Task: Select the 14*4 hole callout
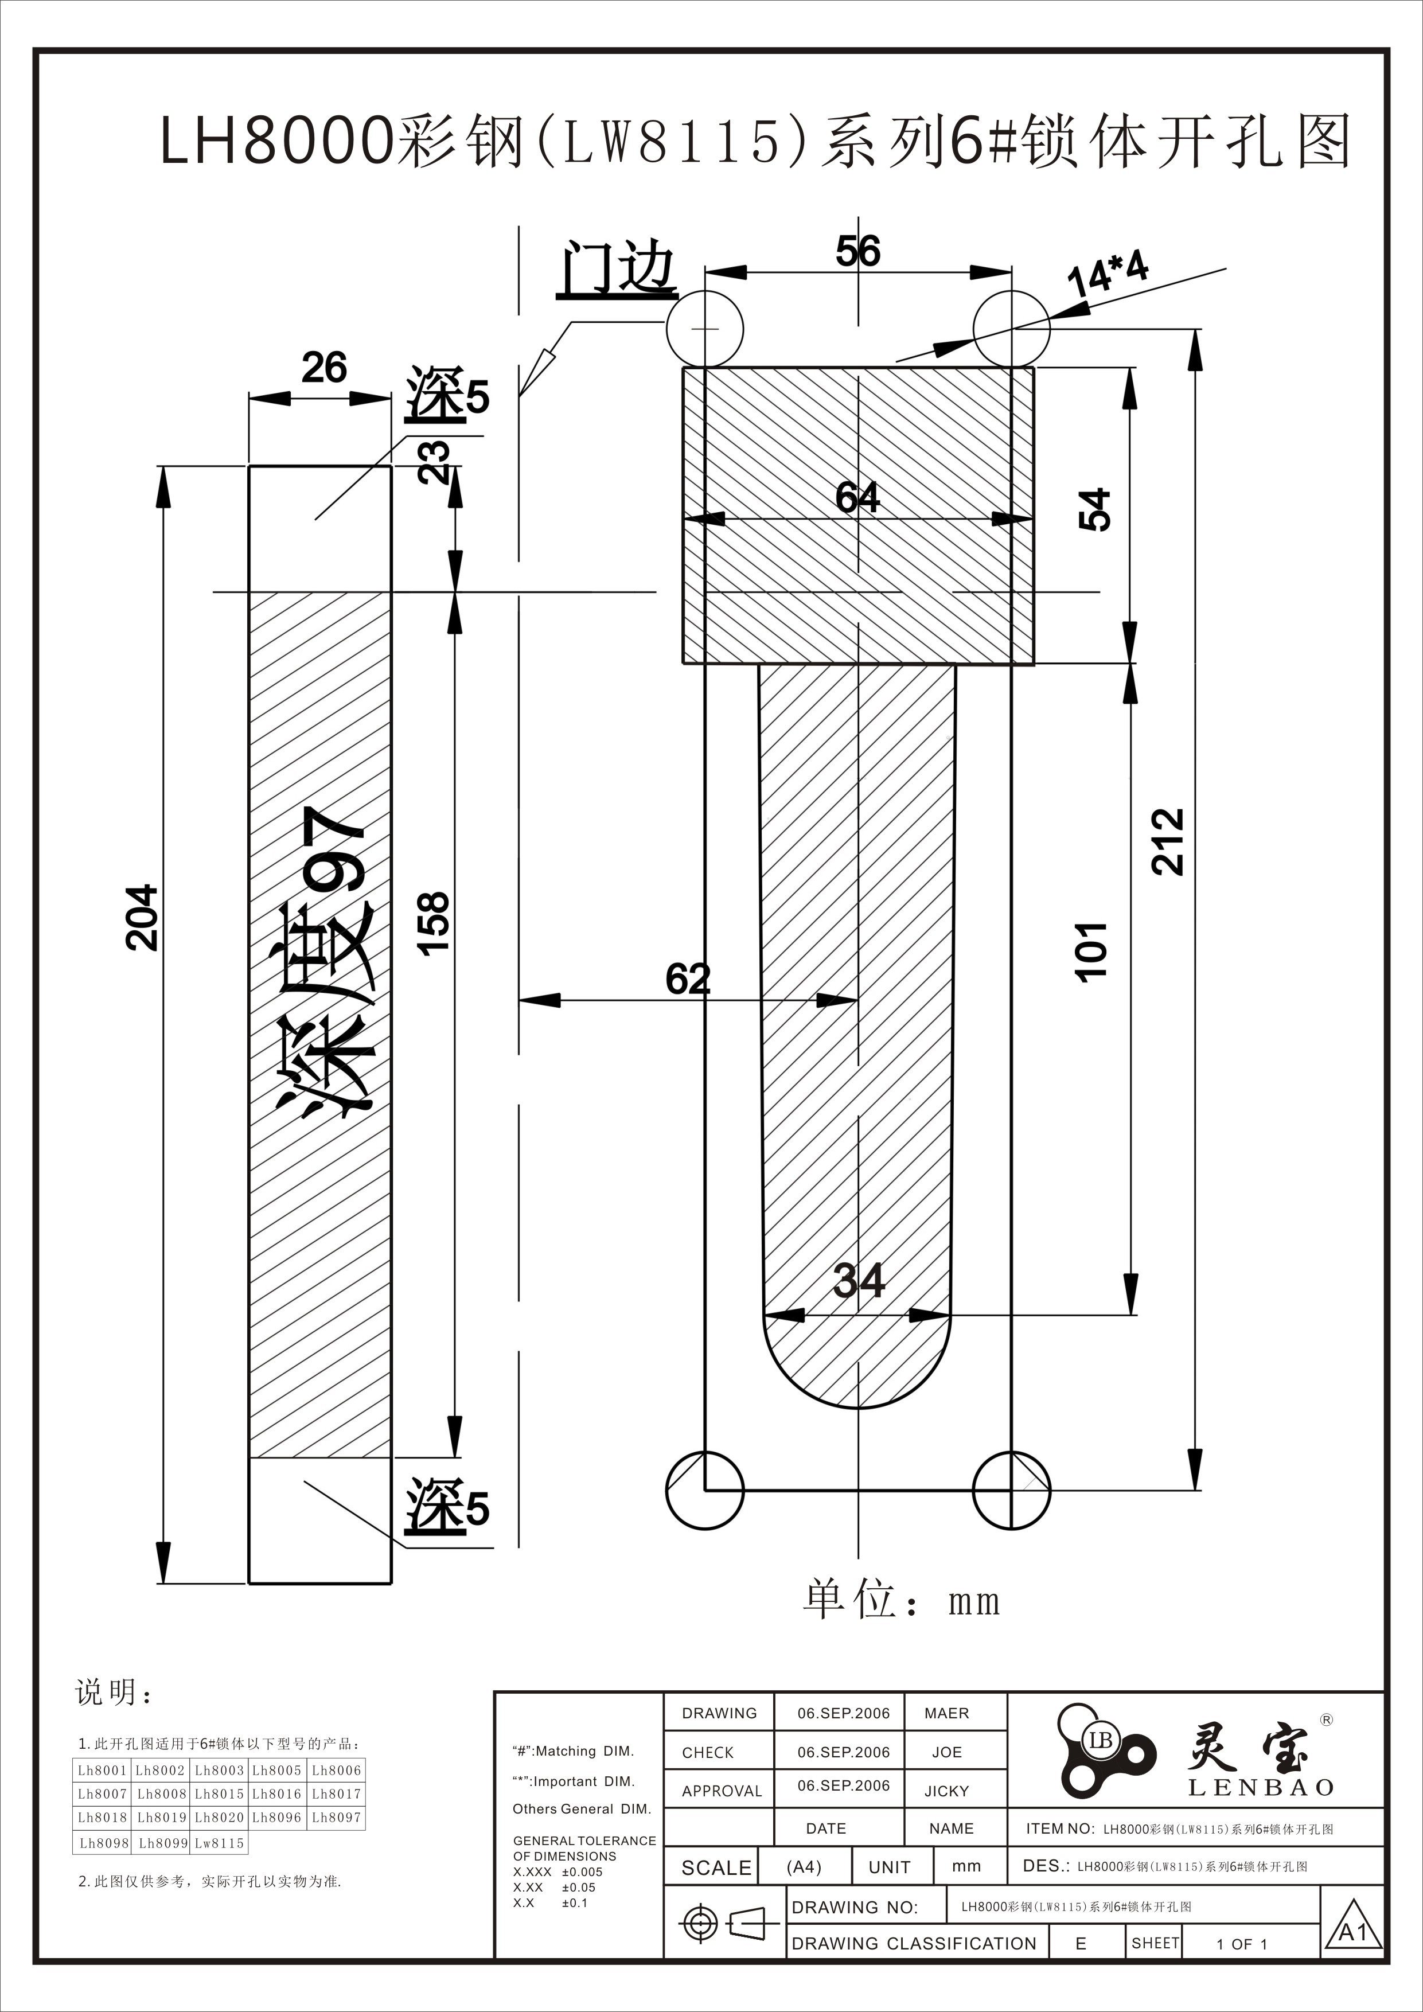[1108, 274]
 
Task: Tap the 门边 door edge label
[617, 269]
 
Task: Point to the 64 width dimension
[857, 497]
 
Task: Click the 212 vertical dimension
[1168, 841]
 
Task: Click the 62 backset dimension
[688, 979]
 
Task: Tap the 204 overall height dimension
[142, 918]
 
